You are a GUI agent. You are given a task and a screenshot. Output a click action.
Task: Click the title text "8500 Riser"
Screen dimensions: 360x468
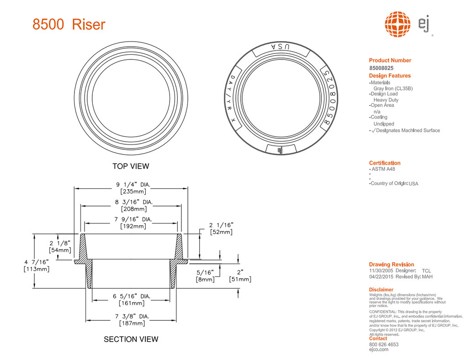coord(69,24)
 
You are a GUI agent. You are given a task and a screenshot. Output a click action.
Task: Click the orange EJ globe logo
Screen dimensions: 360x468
coord(397,24)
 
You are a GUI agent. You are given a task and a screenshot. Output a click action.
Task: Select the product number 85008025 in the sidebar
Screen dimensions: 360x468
coord(381,68)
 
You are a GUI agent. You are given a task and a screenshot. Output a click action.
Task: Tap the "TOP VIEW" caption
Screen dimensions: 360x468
coord(131,166)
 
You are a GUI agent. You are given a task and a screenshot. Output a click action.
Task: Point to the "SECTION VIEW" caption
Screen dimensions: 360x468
coord(131,339)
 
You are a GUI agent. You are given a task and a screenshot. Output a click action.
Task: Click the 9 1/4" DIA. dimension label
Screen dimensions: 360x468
coord(133,185)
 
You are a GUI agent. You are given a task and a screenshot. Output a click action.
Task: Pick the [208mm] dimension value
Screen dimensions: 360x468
coord(133,209)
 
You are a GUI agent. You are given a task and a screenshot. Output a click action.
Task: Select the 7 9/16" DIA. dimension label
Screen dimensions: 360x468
coord(133,219)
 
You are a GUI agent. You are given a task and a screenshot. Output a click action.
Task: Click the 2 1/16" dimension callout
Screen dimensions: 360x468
coord(221,225)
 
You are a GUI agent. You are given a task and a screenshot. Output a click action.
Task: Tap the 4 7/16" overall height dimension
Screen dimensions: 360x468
coord(36,262)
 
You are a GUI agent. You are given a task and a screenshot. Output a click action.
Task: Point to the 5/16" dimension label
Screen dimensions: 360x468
coord(204,272)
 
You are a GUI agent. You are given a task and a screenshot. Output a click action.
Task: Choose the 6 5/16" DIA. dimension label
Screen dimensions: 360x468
coord(131,296)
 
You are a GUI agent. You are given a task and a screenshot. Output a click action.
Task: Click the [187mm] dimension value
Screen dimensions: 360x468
coord(132,323)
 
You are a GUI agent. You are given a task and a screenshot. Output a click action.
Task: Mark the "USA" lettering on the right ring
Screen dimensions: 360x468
coord(280,47)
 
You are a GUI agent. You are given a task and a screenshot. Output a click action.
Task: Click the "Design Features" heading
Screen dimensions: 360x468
coord(390,76)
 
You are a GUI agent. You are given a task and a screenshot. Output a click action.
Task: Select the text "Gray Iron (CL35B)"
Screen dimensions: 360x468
coord(393,88)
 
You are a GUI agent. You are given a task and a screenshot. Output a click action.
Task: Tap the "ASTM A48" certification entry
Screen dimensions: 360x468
coord(383,169)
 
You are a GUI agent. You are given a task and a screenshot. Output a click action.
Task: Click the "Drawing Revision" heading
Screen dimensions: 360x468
coord(391,265)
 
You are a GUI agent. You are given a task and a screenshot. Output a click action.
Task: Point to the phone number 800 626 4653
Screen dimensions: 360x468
coord(383,344)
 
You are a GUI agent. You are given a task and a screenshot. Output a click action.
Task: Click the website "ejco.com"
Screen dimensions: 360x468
coord(378,349)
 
